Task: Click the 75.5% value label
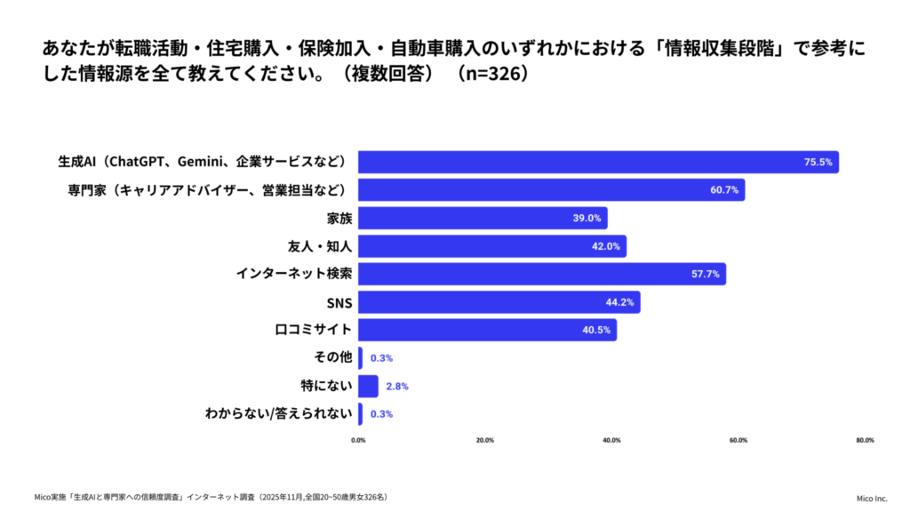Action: tap(818, 163)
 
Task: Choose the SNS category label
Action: tap(339, 302)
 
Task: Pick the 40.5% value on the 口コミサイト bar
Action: tap(595, 330)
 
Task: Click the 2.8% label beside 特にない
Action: tap(396, 386)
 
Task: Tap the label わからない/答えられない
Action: tap(279, 413)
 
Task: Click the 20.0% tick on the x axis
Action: tap(485, 440)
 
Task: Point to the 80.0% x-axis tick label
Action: tap(865, 440)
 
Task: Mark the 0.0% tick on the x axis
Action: tap(358, 440)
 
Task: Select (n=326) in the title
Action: tap(491, 73)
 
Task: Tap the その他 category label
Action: tap(333, 357)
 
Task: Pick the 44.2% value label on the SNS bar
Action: tap(619, 302)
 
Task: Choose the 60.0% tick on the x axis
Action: tap(738, 440)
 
